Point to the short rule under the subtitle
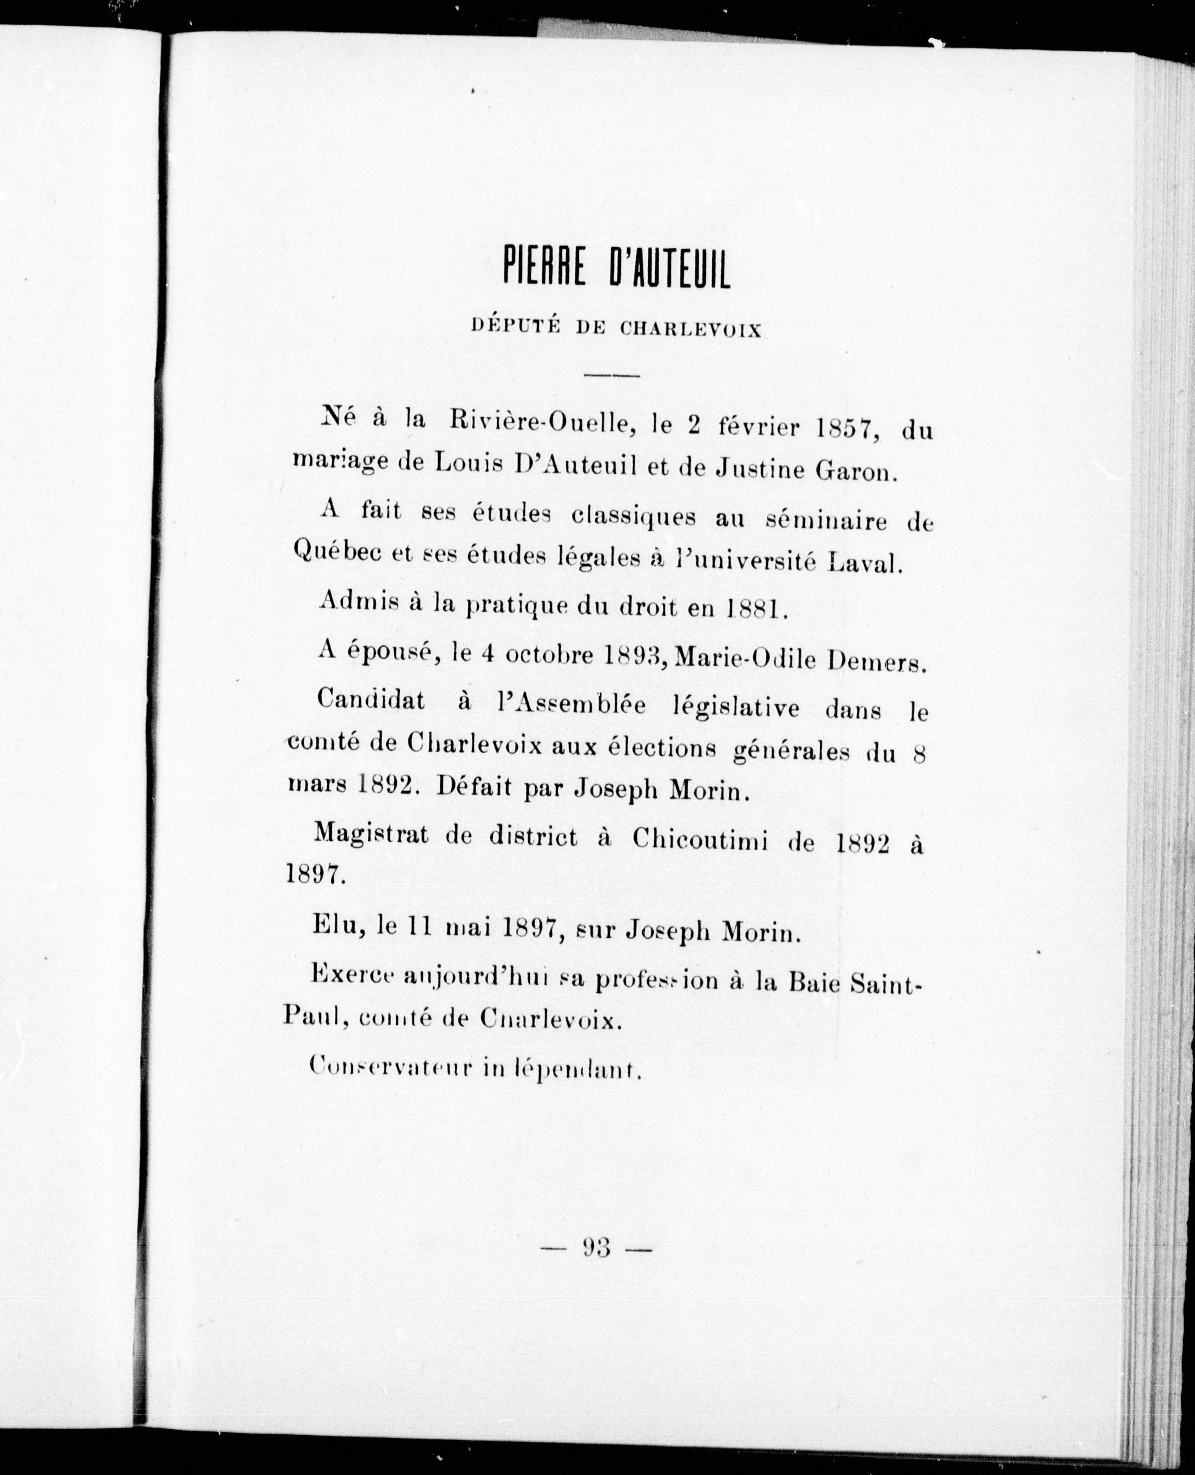point(611,375)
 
